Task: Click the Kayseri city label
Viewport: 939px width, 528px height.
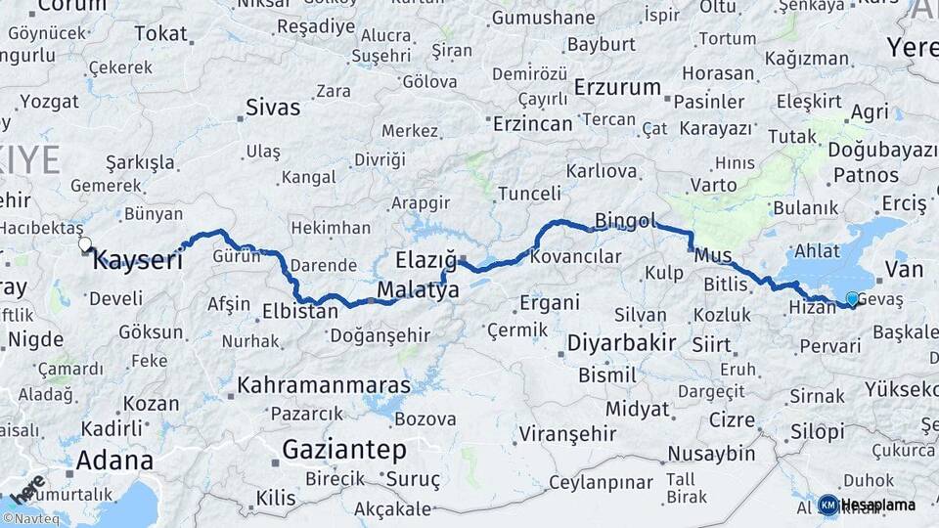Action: (138, 261)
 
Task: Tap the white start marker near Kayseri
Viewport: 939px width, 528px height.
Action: (85, 244)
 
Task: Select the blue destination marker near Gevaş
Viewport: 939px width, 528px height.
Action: (852, 300)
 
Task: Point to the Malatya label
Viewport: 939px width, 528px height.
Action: (418, 290)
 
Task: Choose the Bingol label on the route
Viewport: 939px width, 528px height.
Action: (625, 221)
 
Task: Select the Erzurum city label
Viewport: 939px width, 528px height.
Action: (617, 88)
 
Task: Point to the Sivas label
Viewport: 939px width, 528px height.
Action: (273, 107)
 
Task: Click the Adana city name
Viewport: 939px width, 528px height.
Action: (114, 460)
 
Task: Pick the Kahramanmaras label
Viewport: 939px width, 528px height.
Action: (324, 384)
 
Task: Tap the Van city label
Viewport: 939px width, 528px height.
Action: (903, 269)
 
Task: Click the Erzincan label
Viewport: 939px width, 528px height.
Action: (532, 124)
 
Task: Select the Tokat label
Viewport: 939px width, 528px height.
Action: (160, 34)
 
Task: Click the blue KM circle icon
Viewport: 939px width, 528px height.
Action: (828, 505)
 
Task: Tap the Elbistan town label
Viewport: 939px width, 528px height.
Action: (299, 313)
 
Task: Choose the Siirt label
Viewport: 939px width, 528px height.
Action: (711, 344)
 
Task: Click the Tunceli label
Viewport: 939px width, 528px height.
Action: (529, 194)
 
